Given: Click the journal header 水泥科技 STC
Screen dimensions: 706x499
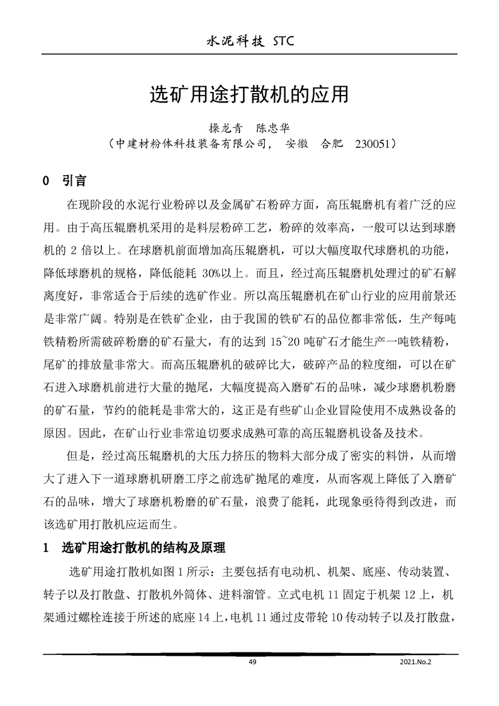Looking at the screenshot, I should coord(250,42).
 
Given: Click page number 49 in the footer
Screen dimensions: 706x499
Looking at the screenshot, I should coord(252,661).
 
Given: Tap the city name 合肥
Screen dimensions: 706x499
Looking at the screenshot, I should coord(332,144).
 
